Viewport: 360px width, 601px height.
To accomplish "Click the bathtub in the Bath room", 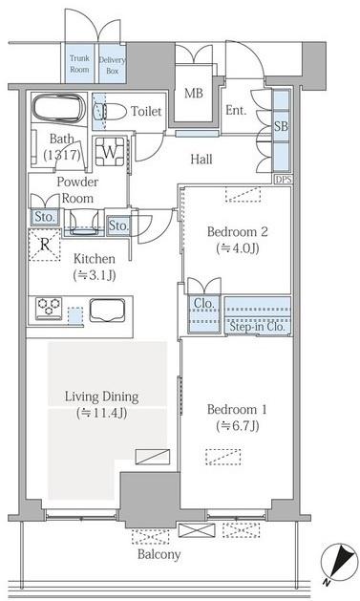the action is pos(58,108).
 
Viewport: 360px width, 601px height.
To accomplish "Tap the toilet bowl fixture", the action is pos(114,112).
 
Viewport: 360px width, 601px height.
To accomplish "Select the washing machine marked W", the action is pos(110,151).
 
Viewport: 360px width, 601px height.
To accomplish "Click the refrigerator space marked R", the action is pos(45,245).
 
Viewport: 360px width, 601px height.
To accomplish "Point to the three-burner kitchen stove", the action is pos(49,309).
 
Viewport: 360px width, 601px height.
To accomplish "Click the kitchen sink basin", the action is pos(107,311).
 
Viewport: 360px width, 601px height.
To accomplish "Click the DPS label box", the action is pos(284,179).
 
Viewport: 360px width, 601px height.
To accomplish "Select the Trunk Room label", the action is pos(79,64).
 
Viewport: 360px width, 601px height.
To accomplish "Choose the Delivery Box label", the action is pos(113,65).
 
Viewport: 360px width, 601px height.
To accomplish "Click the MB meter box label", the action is pos(194,93).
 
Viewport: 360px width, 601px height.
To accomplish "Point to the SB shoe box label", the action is pos(281,126).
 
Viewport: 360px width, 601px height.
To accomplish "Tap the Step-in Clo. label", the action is pos(258,327).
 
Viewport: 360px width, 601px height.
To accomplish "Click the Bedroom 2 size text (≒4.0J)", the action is pos(238,248).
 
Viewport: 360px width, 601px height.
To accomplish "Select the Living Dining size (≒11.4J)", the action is pos(101,413).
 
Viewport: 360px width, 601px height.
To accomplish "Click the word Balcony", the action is pos(159,554).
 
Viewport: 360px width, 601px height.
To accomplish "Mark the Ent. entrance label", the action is pos(236,111).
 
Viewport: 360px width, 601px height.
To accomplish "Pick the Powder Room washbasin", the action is pos(83,222).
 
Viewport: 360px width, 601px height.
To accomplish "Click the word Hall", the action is pos(201,159).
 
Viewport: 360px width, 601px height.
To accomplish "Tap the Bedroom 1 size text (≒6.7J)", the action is pos(238,426).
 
